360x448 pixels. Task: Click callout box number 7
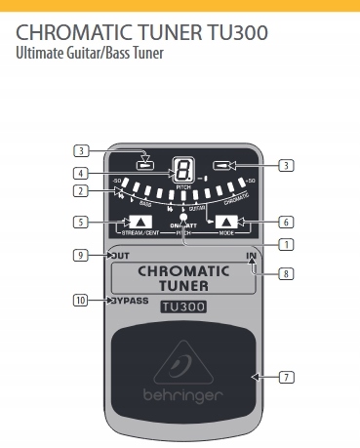(x=286, y=376)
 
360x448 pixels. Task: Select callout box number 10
(x=81, y=300)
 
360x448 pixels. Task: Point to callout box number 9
(x=81, y=256)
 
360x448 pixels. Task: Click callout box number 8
(x=286, y=274)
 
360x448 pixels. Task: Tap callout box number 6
(x=286, y=223)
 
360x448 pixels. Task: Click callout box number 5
(x=81, y=223)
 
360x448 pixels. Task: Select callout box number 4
(x=81, y=174)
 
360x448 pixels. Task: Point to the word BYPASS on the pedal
(x=130, y=301)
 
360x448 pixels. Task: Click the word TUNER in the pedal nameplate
(x=182, y=285)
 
